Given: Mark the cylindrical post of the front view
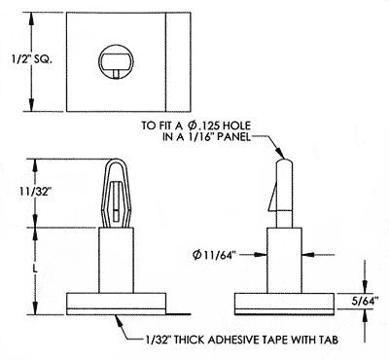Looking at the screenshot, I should [x=115, y=258].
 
